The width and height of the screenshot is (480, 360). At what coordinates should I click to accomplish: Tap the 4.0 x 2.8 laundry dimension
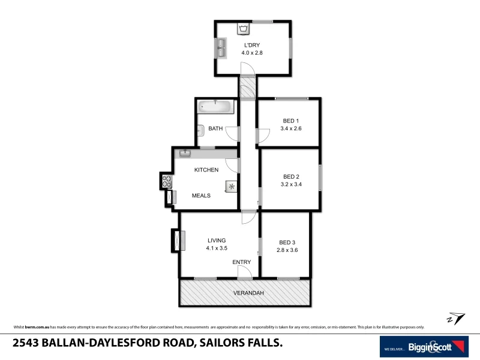pyautogui.click(x=253, y=53)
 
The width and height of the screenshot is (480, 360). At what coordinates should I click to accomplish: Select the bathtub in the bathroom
pyautogui.click(x=215, y=107)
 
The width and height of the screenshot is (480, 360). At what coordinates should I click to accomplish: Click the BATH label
pyautogui.click(x=215, y=128)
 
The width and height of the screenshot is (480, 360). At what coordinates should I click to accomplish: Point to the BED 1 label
pyautogui.click(x=291, y=121)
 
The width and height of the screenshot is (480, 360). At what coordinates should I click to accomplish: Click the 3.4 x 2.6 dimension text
pyautogui.click(x=291, y=128)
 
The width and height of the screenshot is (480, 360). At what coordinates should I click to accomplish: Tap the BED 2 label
pyautogui.click(x=291, y=176)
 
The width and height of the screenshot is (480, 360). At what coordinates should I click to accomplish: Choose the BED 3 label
pyautogui.click(x=287, y=242)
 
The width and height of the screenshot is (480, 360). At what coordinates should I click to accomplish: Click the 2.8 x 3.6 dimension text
pyautogui.click(x=287, y=250)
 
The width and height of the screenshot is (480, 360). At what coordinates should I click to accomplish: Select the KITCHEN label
pyautogui.click(x=206, y=170)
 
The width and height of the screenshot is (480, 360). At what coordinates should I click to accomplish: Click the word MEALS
pyautogui.click(x=201, y=196)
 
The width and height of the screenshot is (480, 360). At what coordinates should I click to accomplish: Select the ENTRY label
pyautogui.click(x=242, y=262)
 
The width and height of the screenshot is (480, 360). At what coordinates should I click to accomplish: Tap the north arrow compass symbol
pyautogui.click(x=455, y=317)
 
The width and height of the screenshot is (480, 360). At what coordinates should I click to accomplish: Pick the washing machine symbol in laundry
pyautogui.click(x=243, y=28)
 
